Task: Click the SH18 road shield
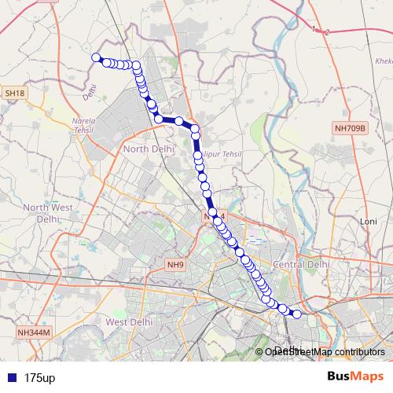point(14,93)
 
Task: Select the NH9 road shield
point(175,265)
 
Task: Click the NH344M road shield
point(33,332)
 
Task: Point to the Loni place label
point(368,222)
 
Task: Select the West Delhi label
point(127,322)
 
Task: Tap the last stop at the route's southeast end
point(297,314)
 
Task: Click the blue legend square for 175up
point(12,378)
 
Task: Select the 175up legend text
point(39,378)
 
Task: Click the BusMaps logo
point(355,377)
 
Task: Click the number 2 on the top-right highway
point(327,31)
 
